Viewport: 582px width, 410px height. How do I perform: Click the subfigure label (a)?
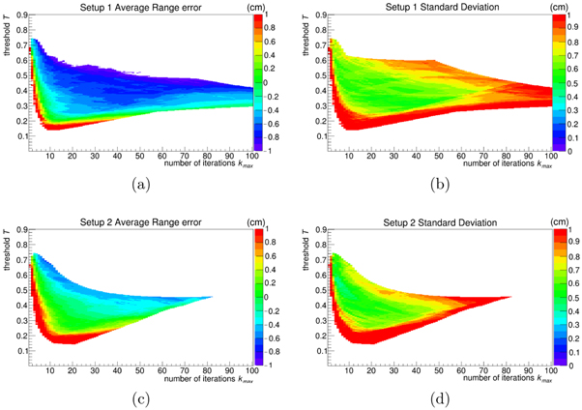click(140, 184)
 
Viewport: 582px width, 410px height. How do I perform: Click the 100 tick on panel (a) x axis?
click(250, 156)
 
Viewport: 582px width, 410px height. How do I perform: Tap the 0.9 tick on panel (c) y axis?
click(20, 233)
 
